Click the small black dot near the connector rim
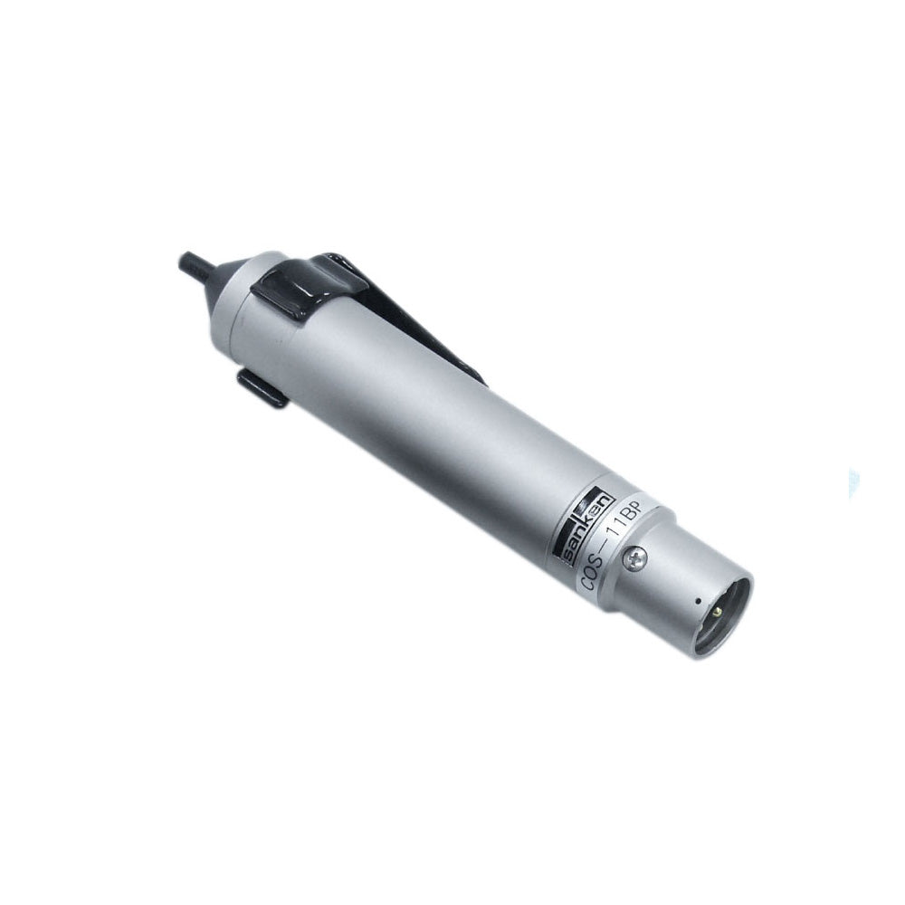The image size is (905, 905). pos(699,600)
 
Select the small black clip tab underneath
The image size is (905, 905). pos(262,389)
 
